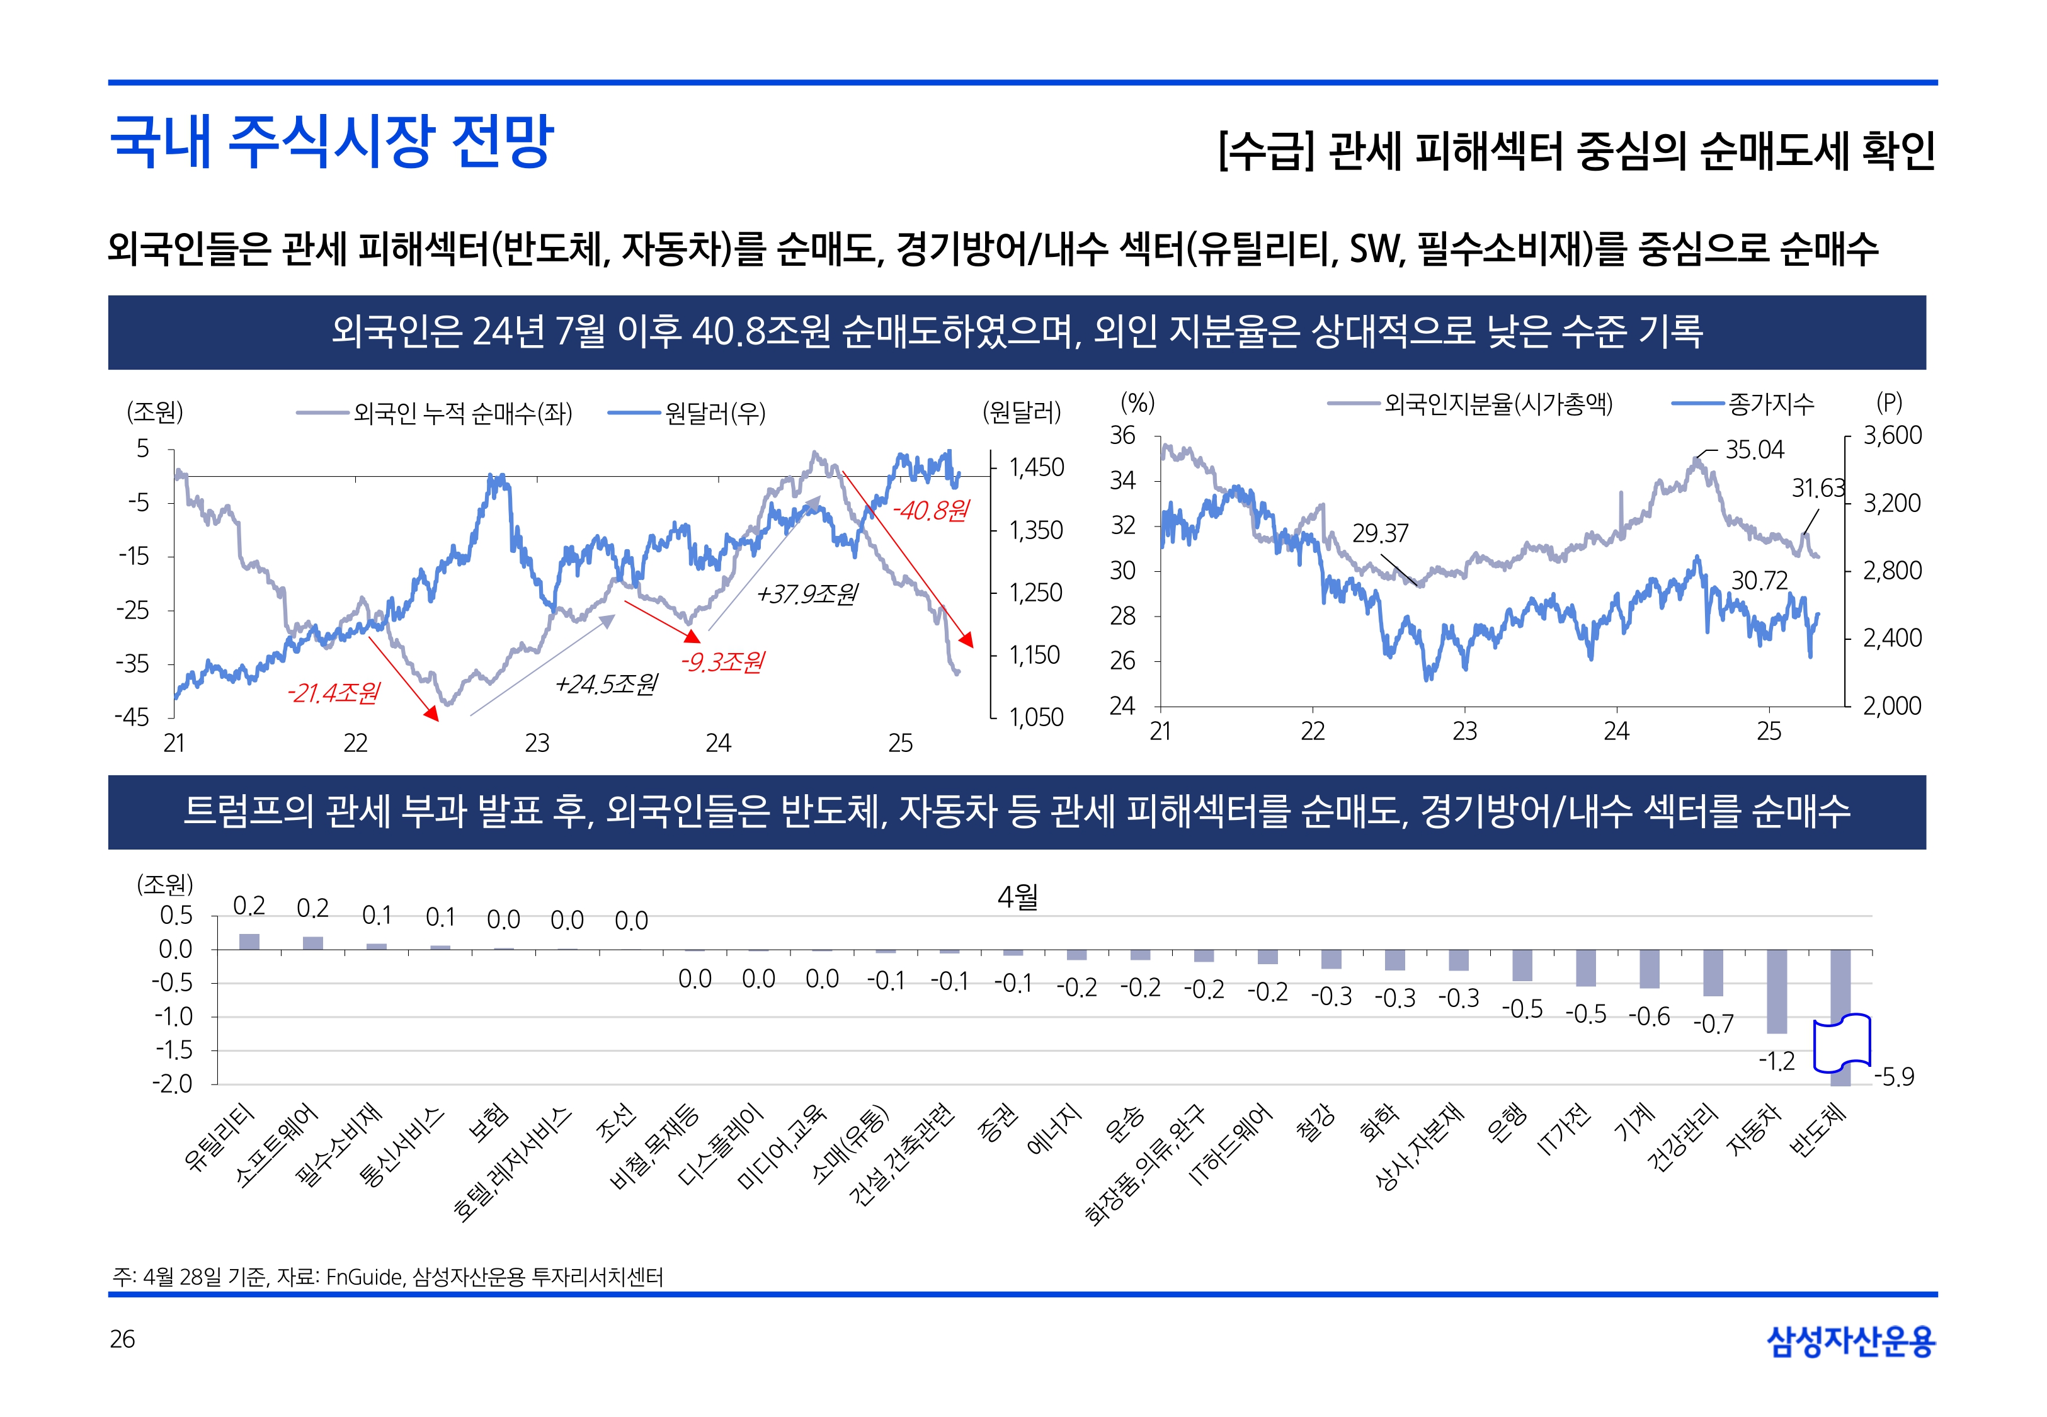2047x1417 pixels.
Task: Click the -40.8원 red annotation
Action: click(930, 511)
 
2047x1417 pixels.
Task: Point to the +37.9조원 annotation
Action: click(807, 594)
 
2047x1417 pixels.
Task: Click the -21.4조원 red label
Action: click(333, 693)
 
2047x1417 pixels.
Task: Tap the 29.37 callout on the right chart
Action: click(1379, 533)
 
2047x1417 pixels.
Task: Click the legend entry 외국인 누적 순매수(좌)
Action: click(462, 413)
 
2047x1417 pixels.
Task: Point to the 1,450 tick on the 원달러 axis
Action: click(1036, 467)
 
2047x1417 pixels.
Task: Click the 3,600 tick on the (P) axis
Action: click(1891, 435)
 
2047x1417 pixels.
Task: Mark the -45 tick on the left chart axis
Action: click(132, 717)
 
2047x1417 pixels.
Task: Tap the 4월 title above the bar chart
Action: click(1017, 897)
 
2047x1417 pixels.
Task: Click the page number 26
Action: click(122, 1339)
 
